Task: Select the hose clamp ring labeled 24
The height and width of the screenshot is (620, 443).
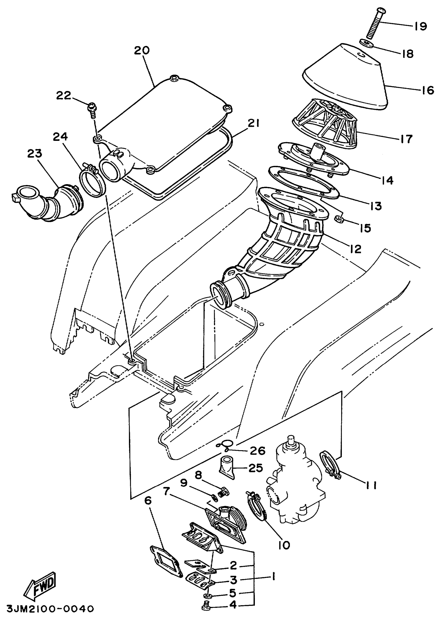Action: coord(92,180)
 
